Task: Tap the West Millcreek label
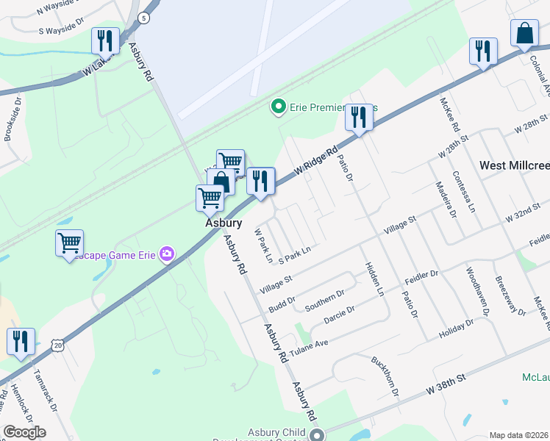514,165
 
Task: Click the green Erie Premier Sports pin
278,107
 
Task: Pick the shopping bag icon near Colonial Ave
526,34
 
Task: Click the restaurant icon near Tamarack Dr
21,341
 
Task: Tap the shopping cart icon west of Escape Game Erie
69,242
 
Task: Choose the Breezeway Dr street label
510,295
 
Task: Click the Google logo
24,432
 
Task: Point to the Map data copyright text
519,435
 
